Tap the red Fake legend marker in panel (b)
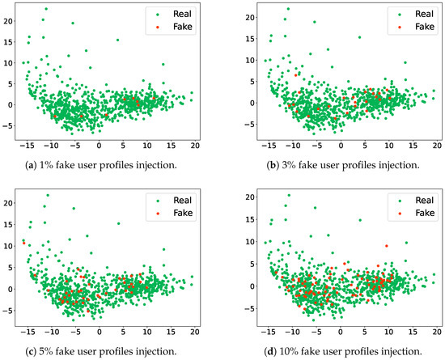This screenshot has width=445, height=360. [x=400, y=27]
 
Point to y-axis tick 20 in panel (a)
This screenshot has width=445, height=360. [x=10, y=20]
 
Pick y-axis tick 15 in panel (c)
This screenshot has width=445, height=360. [x=10, y=222]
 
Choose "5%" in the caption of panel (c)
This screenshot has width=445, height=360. [x=53, y=351]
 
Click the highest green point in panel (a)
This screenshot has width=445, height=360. [x=45, y=9]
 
